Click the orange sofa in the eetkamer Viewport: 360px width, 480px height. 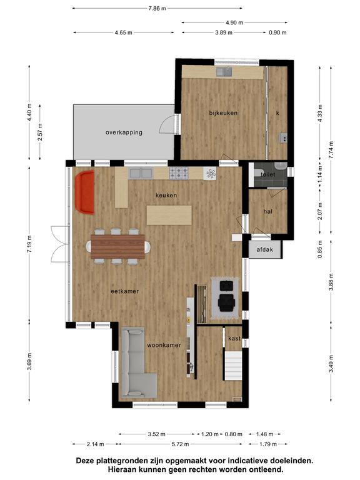pyautogui.click(x=84, y=192)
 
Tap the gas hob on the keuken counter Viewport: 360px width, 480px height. pyautogui.click(x=179, y=173)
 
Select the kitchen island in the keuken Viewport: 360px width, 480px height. pyautogui.click(x=169, y=215)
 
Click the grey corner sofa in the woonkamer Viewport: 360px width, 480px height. pyautogui.click(x=136, y=363)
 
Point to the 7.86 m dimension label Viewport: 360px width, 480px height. pyautogui.click(x=157, y=8)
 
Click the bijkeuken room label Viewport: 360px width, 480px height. pyautogui.click(x=223, y=113)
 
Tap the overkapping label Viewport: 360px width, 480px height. pyautogui.click(x=124, y=132)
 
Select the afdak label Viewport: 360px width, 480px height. pyautogui.click(x=265, y=249)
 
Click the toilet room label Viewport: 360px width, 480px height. pyautogui.click(x=268, y=174)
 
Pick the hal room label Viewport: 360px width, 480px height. pyautogui.click(x=268, y=211)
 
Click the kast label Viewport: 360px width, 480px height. pyautogui.click(x=234, y=338)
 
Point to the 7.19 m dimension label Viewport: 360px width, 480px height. pyautogui.click(x=29, y=244)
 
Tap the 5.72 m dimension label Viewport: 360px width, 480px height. pyautogui.click(x=180, y=444)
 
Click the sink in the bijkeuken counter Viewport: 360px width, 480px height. pyautogui.click(x=224, y=72)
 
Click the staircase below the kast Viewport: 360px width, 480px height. pyautogui.click(x=233, y=366)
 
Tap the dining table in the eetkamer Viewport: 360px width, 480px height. pyautogui.click(x=118, y=246)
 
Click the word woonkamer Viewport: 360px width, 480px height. pyautogui.click(x=164, y=345)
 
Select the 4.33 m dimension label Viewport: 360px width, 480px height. pyautogui.click(x=320, y=113)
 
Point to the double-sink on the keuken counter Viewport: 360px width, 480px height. pyautogui.click(x=141, y=174)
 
